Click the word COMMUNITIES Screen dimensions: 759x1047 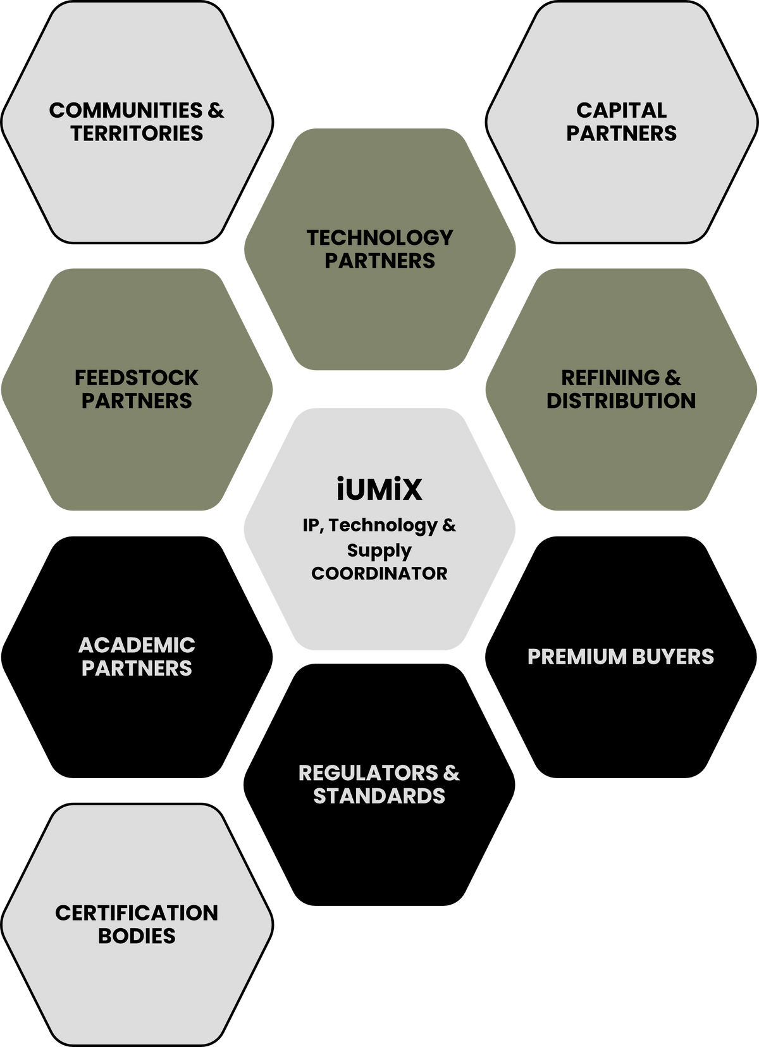126,110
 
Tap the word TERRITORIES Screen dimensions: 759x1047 137,133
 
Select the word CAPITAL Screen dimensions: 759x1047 621,110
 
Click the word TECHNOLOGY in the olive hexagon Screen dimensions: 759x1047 379,237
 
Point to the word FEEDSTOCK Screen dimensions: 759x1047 137,378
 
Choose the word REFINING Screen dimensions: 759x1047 611,378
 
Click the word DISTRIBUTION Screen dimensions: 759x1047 621,400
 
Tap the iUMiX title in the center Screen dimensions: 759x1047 379,489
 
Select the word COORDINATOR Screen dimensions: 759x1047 379,574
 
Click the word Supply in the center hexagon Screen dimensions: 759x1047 379,550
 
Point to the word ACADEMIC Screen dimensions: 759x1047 137,645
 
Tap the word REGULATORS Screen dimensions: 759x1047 368,773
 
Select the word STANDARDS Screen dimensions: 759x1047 379,796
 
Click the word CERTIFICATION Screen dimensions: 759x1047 137,914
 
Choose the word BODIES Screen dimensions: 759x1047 137,936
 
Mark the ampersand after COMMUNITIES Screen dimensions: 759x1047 216,110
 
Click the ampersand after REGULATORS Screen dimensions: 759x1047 452,773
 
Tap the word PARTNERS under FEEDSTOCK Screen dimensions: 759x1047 137,400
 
